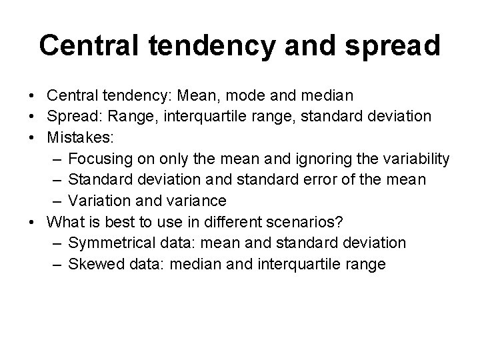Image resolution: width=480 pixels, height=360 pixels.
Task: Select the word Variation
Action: (98, 201)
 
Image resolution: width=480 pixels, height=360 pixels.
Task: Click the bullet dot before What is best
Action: (33, 222)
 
